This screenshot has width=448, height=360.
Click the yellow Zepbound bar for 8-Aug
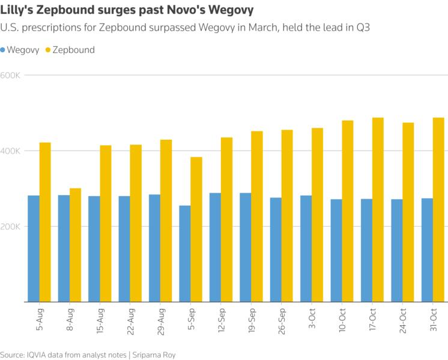75,245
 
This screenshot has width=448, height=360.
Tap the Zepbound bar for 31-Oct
438,209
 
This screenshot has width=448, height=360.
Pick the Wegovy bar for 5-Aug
34,248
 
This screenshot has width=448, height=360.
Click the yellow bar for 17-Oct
378,209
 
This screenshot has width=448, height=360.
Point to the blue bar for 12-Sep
215,247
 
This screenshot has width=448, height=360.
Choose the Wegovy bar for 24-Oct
397,250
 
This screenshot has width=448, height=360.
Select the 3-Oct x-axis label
312,320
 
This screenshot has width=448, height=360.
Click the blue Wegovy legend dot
4,50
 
